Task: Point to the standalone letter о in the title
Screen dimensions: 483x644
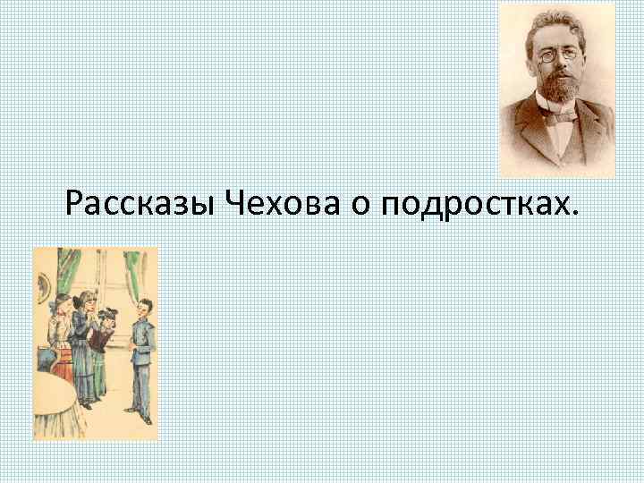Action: click(x=359, y=208)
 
